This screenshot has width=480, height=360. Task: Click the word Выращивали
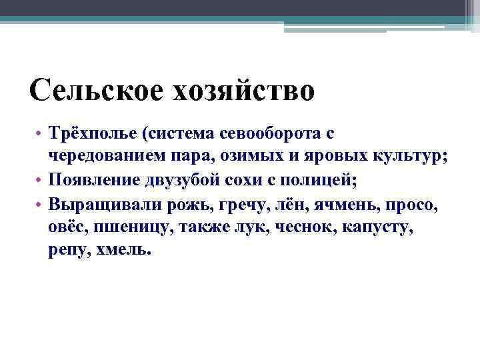(x=99, y=204)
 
